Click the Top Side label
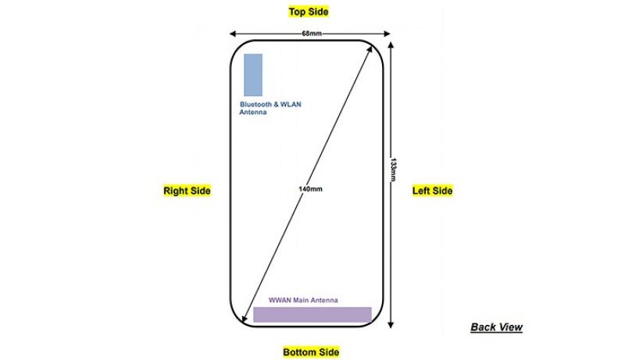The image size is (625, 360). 309,12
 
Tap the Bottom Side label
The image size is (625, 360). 311,352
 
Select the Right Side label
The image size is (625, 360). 187,191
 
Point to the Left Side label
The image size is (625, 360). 433,191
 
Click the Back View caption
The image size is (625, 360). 496,327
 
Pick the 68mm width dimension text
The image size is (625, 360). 311,34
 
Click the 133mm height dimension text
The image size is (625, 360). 393,169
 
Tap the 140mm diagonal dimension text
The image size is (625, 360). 310,189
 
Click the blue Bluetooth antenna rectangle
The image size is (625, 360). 253,75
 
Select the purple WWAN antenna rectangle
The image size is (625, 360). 312,314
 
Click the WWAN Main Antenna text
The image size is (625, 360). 303,301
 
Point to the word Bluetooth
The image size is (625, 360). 255,105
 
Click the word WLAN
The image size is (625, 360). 291,105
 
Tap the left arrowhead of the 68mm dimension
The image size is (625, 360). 232,34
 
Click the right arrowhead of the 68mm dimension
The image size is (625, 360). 387,34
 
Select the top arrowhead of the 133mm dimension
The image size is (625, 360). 391,45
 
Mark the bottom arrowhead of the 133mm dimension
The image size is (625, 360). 391,325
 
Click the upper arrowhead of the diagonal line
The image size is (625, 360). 370,48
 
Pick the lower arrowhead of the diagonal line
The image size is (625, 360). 245,319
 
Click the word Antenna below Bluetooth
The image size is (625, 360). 253,112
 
